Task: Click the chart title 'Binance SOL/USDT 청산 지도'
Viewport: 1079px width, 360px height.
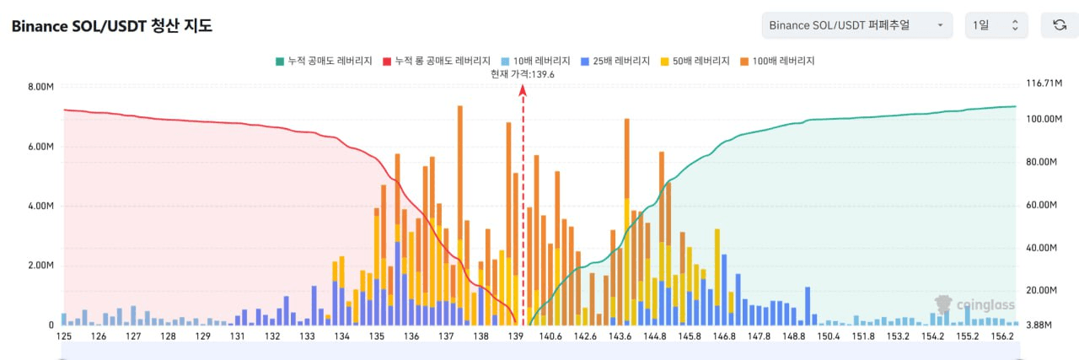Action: tap(111, 26)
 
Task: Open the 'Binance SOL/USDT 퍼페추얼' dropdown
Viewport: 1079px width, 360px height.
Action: tap(856, 25)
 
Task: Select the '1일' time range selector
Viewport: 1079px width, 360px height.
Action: tap(996, 25)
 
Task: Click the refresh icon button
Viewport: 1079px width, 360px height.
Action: tap(1060, 25)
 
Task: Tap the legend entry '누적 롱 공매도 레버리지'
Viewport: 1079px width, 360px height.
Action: tap(437, 61)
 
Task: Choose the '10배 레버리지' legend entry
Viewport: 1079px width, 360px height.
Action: tap(535, 61)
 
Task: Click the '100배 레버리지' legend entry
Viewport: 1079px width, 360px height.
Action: tap(777, 61)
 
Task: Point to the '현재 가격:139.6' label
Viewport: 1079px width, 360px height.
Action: tap(523, 74)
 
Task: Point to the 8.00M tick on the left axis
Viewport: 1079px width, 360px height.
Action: tap(40, 87)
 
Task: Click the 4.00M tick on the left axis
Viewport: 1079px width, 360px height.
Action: tap(40, 206)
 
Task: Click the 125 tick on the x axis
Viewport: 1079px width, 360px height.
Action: tap(64, 337)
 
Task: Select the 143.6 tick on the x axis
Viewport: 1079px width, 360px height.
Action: tap(620, 337)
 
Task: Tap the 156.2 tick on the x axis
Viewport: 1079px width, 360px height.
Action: tap(1002, 337)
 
